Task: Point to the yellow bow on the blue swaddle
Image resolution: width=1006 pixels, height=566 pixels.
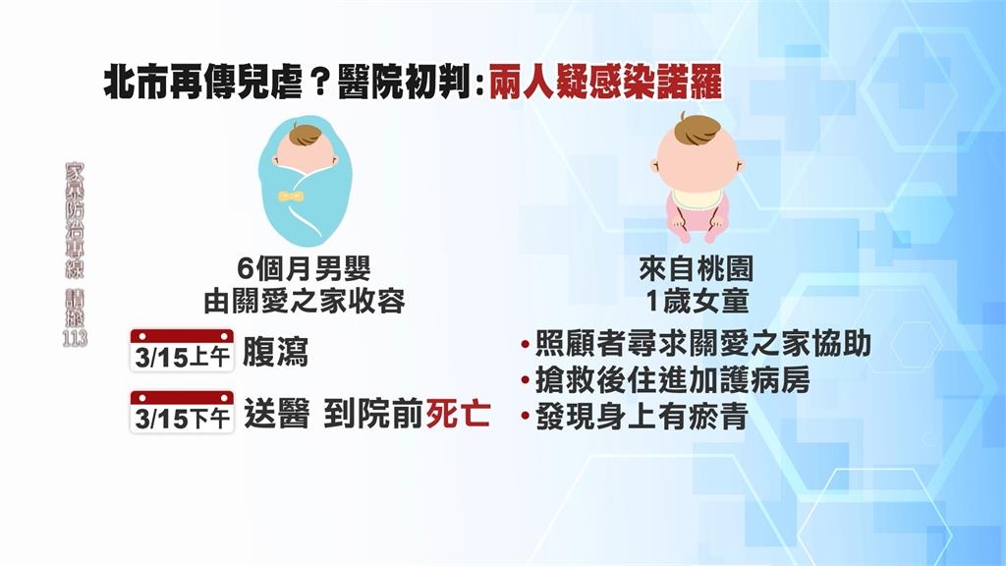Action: (290, 197)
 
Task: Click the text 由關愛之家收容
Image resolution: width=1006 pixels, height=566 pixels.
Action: (304, 302)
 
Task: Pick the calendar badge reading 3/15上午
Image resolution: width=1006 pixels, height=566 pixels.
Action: (182, 353)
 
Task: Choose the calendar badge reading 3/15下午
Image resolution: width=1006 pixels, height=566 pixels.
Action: (182, 412)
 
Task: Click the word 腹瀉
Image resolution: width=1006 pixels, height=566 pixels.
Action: (275, 353)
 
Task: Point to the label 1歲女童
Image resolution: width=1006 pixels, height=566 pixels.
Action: (699, 302)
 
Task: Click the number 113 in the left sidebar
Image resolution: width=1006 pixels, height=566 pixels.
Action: (74, 339)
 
